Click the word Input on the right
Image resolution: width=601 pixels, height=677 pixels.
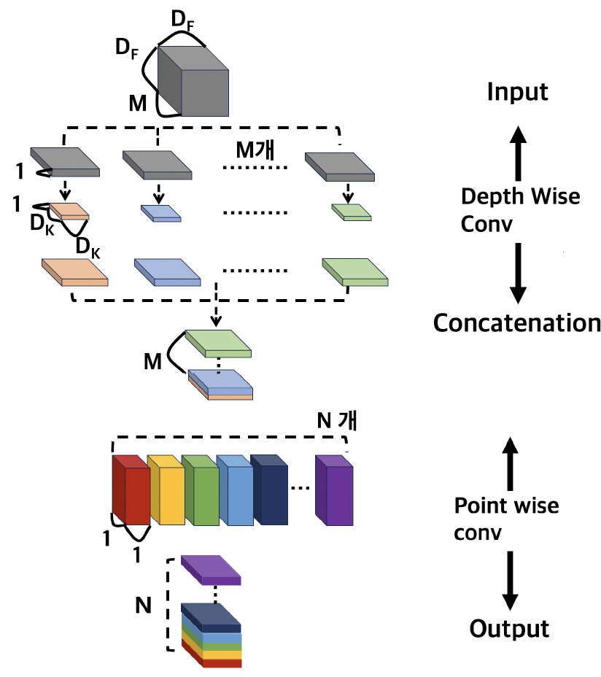coord(517,92)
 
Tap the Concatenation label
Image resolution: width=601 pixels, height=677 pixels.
coord(517,322)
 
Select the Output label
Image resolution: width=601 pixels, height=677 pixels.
coord(509,627)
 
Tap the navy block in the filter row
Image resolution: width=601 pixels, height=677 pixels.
coord(270,492)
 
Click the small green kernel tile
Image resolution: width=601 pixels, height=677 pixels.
coord(352,212)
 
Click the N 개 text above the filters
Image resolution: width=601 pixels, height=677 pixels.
coord(339,421)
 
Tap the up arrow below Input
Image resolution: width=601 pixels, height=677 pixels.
coord(517,152)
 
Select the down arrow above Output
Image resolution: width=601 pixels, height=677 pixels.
coord(511,580)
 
